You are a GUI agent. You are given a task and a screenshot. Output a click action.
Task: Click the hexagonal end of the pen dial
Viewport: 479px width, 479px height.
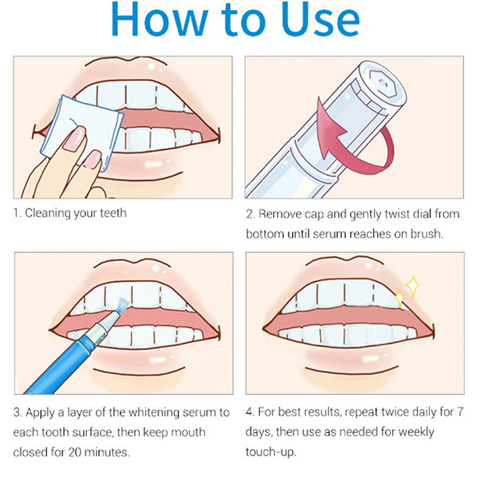(382, 83)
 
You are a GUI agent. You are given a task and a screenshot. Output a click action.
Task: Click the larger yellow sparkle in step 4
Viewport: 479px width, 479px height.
(413, 286)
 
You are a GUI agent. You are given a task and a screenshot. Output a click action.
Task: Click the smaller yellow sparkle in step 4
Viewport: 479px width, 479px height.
(399, 299)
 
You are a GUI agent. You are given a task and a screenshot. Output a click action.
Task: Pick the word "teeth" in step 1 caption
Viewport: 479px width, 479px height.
(113, 213)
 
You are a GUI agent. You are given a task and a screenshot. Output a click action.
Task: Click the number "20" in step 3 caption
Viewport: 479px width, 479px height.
(75, 453)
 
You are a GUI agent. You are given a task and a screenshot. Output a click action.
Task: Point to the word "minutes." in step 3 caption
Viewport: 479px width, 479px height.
(107, 453)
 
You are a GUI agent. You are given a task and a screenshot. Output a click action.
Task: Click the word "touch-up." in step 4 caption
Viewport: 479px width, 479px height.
(271, 453)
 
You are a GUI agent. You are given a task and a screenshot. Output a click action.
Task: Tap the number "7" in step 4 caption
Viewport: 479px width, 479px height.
(460, 412)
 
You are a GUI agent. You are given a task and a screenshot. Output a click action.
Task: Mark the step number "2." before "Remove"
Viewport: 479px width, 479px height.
(250, 214)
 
